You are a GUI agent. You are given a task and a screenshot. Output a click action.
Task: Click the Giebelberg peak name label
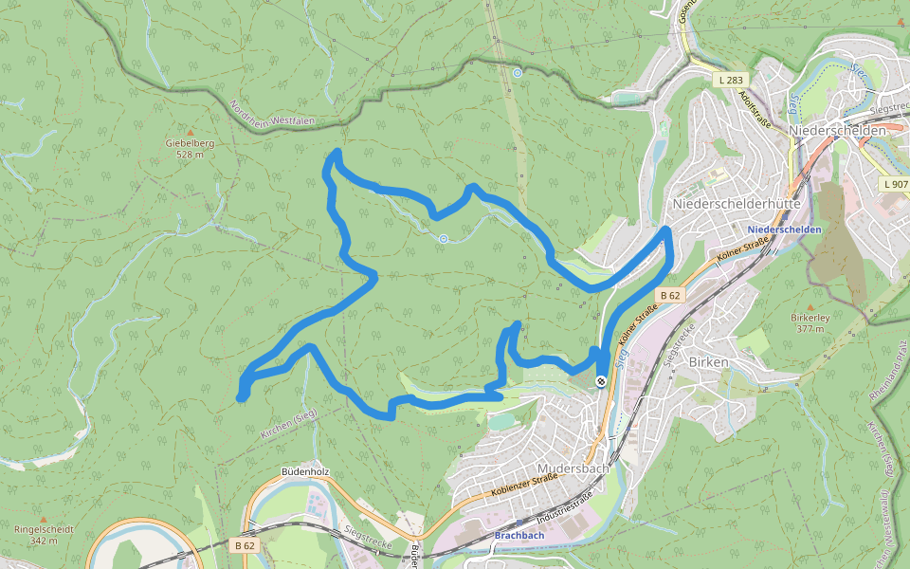coord(190,143)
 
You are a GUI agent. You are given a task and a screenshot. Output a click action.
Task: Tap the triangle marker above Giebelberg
coord(190,132)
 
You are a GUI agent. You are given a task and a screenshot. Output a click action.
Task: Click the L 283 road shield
coord(731,81)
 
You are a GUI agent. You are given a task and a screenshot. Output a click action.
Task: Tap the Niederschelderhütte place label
coord(736,204)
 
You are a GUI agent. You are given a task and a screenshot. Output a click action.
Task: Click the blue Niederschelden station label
coord(784,230)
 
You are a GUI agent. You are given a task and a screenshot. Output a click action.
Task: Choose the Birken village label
coord(708,362)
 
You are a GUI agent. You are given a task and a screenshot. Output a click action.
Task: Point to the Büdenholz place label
coord(304,471)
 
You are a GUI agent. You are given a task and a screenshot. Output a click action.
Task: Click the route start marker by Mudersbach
coord(601,381)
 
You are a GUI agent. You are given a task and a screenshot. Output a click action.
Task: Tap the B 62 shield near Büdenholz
coord(245,545)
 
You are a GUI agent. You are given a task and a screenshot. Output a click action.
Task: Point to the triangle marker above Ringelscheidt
coord(42,519)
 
